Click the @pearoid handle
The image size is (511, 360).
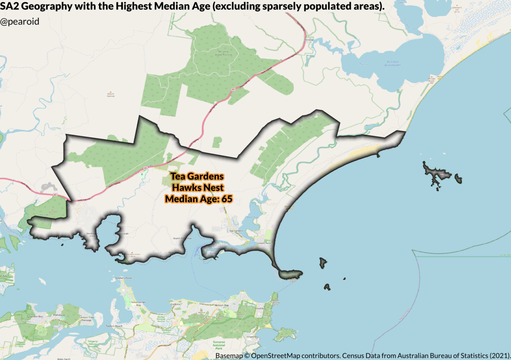[20, 22]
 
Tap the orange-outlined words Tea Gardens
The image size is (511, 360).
[197, 176]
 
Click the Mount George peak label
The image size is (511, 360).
[111, 95]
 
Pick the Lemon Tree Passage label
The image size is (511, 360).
[86, 318]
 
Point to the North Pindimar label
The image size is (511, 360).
[182, 238]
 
